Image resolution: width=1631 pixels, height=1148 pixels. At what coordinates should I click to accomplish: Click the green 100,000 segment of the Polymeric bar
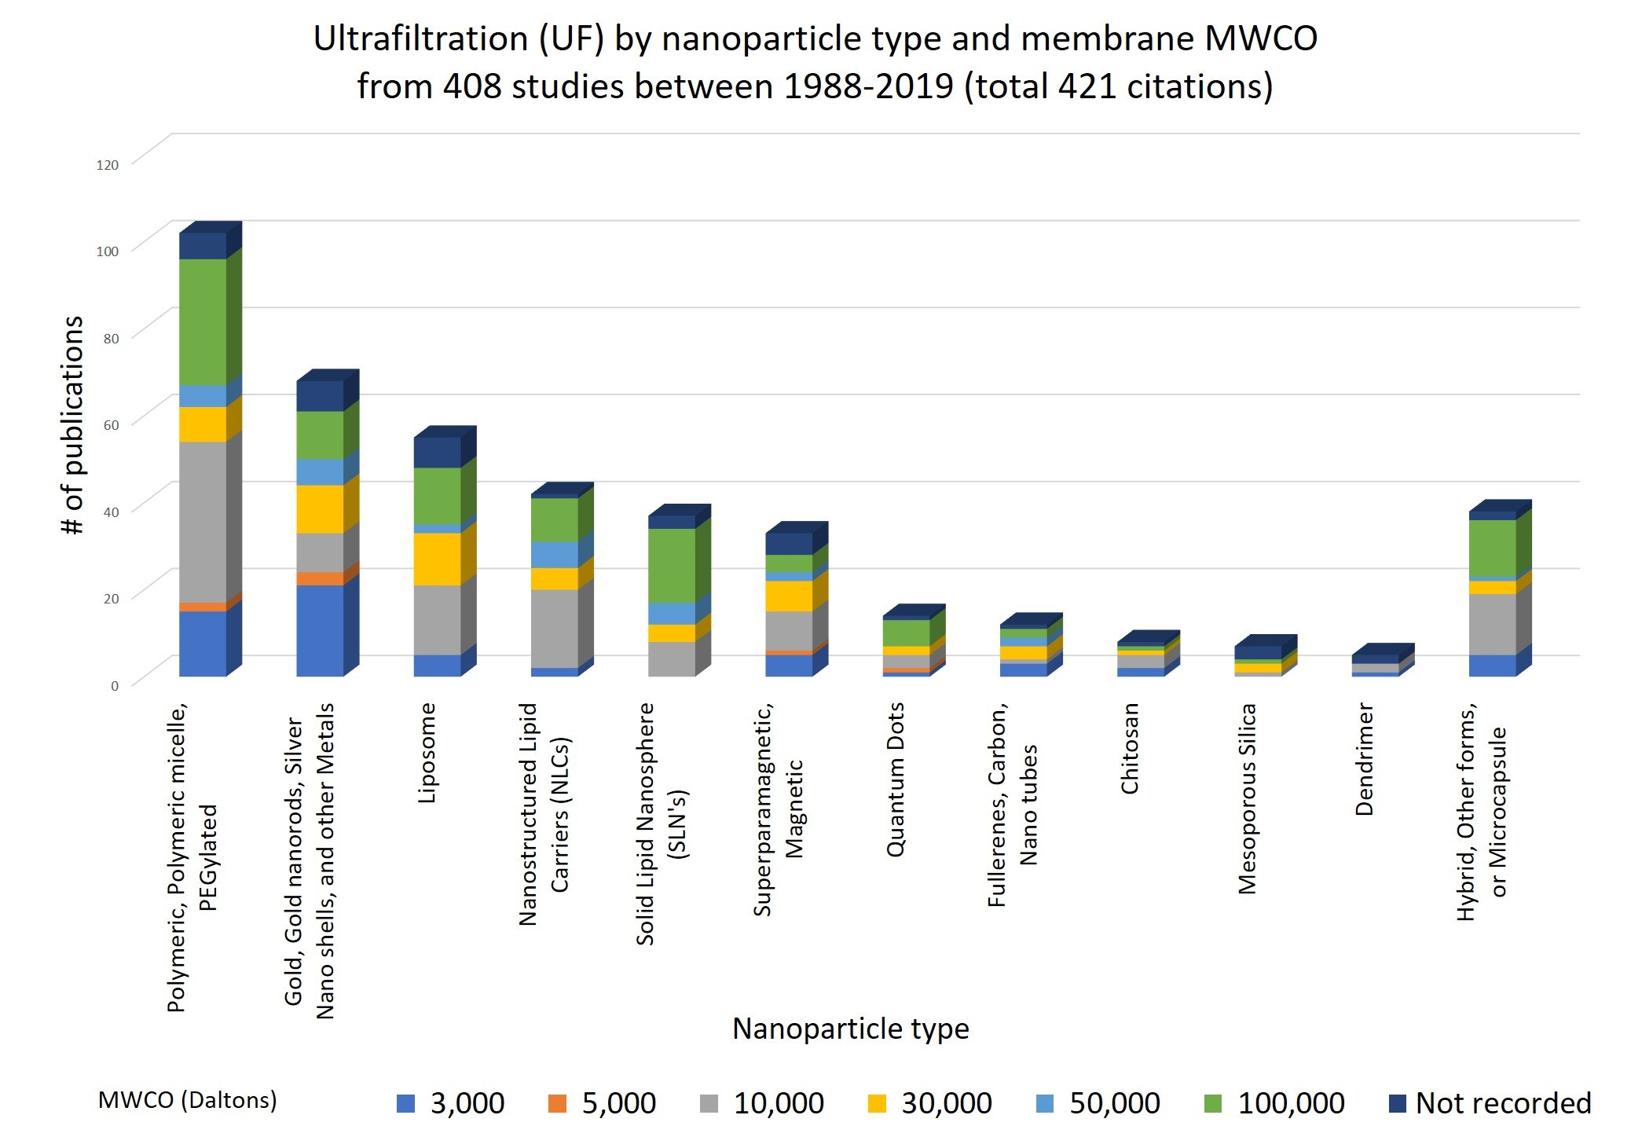203,321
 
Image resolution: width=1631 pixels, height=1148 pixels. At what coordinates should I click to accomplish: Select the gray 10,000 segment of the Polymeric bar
203,522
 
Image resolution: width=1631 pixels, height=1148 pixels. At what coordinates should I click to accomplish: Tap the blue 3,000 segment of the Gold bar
320,630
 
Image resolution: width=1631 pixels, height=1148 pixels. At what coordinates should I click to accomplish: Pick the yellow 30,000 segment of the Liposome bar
437,559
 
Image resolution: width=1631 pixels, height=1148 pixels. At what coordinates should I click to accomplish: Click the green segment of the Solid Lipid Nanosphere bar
672,565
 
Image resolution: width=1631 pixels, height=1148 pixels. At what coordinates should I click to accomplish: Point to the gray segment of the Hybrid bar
1492,624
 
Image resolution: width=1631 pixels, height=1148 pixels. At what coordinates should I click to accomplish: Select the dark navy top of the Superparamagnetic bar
789,544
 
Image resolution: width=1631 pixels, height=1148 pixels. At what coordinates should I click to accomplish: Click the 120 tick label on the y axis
107,165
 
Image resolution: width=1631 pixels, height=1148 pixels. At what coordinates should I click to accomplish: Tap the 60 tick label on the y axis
111,425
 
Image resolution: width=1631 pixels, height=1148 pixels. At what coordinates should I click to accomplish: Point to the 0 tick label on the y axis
115,686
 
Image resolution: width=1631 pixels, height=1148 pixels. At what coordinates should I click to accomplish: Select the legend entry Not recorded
1502,1103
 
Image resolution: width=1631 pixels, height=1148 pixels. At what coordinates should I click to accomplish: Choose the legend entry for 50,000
1113,1103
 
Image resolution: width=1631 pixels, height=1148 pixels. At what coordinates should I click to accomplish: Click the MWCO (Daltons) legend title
187,1100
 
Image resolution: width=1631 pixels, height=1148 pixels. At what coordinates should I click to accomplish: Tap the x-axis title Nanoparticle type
850,1029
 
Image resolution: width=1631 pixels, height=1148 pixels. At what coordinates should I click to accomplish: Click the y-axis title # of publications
73,425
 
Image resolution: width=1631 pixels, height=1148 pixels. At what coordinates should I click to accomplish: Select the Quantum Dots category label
896,779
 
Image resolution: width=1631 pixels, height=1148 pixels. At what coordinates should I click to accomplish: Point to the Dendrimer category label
1365,759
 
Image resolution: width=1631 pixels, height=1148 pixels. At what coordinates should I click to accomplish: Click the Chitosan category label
1130,749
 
